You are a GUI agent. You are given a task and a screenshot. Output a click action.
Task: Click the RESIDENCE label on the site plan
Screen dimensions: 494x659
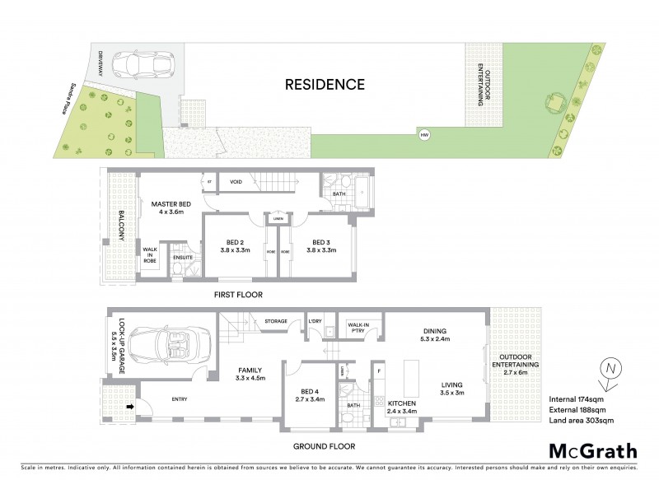(325, 84)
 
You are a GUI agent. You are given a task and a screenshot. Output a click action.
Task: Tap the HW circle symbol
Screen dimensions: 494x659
(425, 135)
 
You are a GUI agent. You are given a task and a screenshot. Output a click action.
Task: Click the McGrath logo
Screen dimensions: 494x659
(593, 450)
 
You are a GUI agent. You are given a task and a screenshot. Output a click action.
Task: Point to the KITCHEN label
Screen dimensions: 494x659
(403, 406)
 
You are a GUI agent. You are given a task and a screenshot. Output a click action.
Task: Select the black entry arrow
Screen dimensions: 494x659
(129, 405)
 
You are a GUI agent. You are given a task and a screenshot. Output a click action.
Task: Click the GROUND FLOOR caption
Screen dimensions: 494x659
(325, 446)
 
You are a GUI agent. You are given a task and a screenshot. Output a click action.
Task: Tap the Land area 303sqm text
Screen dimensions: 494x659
(582, 422)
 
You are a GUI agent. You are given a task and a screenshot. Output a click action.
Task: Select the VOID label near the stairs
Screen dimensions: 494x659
(236, 182)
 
